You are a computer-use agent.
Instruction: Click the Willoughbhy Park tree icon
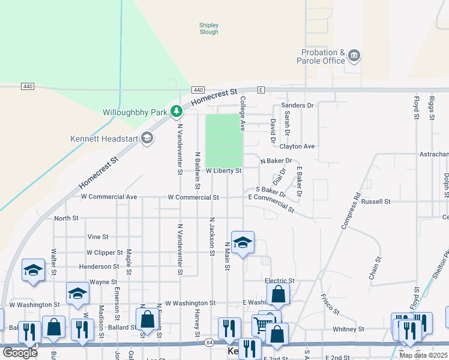click(176, 111)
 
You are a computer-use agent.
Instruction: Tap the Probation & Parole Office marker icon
click(354, 56)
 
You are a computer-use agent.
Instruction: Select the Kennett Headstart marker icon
click(147, 139)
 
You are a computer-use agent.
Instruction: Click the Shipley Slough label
click(209, 28)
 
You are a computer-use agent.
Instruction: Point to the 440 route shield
click(27, 86)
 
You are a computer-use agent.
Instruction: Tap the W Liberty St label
click(223, 171)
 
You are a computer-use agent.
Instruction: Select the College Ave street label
click(243, 113)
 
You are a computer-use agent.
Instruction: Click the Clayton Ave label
click(297, 146)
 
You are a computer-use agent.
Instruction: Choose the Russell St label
click(376, 202)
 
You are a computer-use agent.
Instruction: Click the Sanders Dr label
click(298, 106)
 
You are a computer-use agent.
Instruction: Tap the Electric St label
click(280, 281)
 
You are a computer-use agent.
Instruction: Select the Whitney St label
click(348, 329)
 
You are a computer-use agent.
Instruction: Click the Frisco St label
click(330, 304)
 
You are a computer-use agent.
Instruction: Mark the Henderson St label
click(99, 266)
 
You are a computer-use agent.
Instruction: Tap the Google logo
click(20, 352)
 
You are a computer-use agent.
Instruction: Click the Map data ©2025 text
click(423, 355)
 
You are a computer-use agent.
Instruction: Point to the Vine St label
click(97, 237)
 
